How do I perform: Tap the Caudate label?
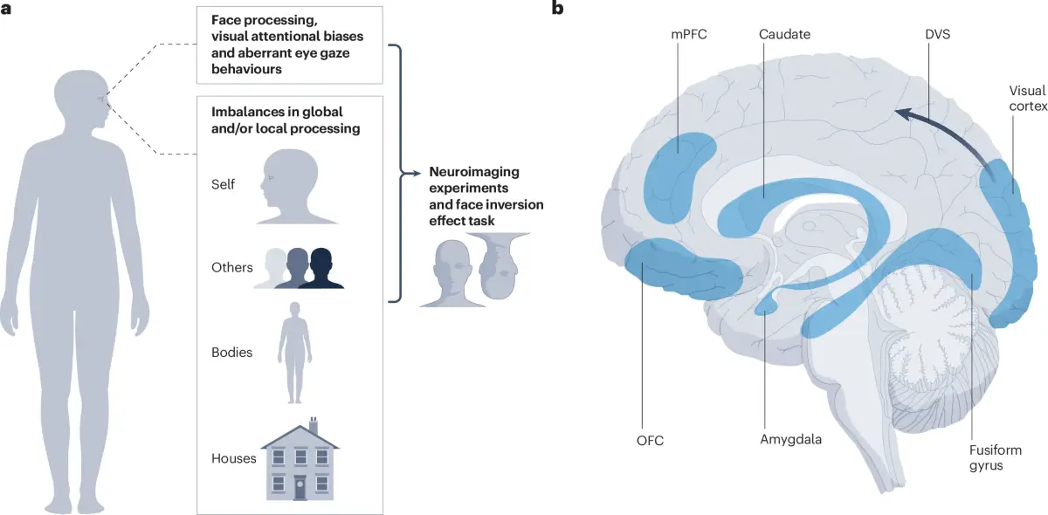pyautogui.click(x=785, y=34)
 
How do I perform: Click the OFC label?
pyautogui.click(x=651, y=440)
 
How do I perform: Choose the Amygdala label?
pyautogui.click(x=791, y=440)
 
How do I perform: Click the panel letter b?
pyautogui.click(x=557, y=9)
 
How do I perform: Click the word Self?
pyautogui.click(x=224, y=185)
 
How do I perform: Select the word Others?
pyautogui.click(x=231, y=267)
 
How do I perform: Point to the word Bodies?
pyautogui.click(x=231, y=353)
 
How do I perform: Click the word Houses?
pyautogui.click(x=233, y=457)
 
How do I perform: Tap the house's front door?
pyautogui.click(x=300, y=487)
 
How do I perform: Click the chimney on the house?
pyautogui.click(x=314, y=426)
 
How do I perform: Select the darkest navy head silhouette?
pyautogui.click(x=322, y=268)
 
